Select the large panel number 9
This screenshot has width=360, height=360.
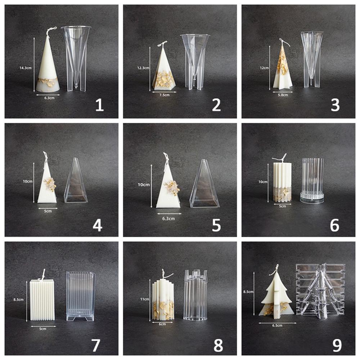(337, 345)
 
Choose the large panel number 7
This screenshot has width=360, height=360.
(95, 345)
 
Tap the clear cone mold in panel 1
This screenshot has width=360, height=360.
(76, 58)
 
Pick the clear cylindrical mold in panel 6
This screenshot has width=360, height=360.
(312, 180)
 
